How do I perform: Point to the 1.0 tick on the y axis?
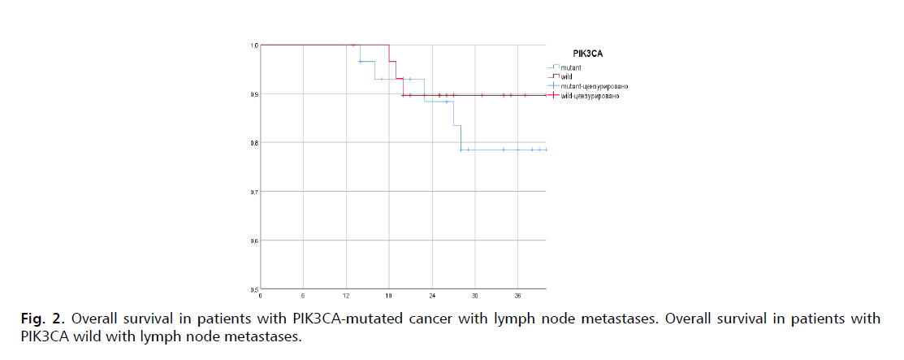[x=254, y=46]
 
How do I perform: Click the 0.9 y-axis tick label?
[x=254, y=94]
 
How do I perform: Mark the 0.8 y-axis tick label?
[x=254, y=143]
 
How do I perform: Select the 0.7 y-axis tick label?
[x=254, y=192]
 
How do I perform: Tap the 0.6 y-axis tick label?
[x=254, y=241]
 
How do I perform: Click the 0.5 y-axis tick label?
[x=254, y=288]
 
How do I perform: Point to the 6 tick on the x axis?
[x=303, y=295]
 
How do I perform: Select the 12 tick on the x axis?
[x=346, y=295]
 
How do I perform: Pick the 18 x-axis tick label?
[x=389, y=295]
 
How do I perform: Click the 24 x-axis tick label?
[x=432, y=295]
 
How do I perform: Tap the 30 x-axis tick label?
[x=475, y=295]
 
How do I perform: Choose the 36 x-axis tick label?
[x=518, y=295]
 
